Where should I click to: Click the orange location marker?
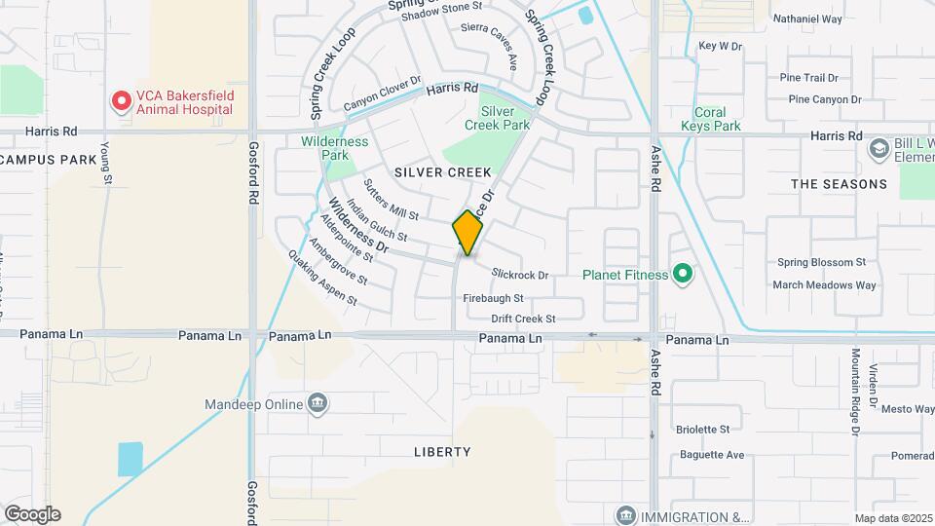[x=467, y=233]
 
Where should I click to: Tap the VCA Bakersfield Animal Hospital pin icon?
[x=121, y=101]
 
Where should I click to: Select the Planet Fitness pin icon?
[x=682, y=275]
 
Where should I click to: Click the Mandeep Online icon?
[x=317, y=403]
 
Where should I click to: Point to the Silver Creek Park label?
[x=497, y=118]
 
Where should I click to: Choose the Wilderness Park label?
[x=335, y=148]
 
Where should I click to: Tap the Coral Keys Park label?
[x=717, y=119]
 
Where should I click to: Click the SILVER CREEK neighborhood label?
[x=443, y=172]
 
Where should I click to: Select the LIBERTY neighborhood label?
[x=442, y=452]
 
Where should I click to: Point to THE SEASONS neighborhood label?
[x=839, y=184]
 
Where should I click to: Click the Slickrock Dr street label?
[x=520, y=276]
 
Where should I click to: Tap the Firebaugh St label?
[x=493, y=298]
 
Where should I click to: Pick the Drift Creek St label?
[x=523, y=319]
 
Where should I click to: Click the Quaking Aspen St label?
[x=322, y=282]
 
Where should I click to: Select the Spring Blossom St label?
[x=821, y=262]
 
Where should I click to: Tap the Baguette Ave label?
[x=710, y=455]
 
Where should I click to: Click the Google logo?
[x=32, y=514]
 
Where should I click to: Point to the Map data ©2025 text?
[x=894, y=518]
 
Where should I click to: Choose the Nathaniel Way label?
[x=807, y=19]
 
